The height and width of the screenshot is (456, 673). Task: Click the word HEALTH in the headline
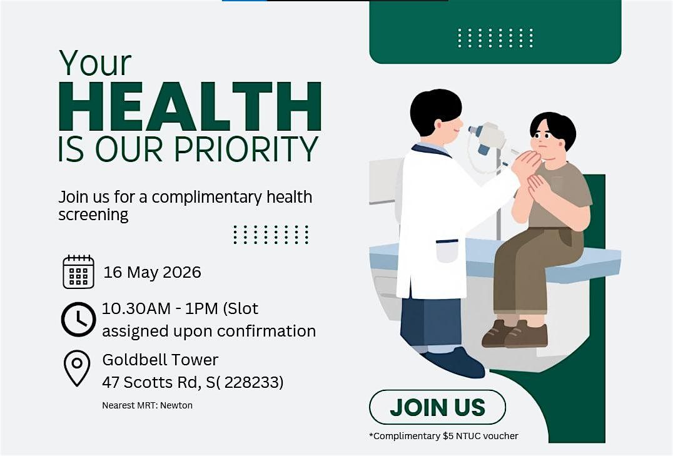[x=190, y=106]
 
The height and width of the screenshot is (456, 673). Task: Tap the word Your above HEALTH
[x=95, y=63]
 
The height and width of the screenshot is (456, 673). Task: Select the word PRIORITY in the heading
[x=246, y=149]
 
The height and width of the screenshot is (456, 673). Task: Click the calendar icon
[x=79, y=271]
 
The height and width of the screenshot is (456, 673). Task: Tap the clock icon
[x=78, y=319]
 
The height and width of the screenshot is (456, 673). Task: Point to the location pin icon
[x=77, y=368]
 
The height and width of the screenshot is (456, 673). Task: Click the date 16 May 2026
[x=153, y=272]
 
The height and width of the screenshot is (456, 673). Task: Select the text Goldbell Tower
[x=160, y=360]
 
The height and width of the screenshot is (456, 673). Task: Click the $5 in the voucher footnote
[x=448, y=436]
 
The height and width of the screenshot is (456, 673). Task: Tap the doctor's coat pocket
[x=447, y=251]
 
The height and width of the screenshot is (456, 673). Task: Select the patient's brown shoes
[x=515, y=333]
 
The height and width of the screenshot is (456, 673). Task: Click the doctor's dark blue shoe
[x=455, y=362]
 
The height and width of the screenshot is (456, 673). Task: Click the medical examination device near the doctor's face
[x=488, y=138]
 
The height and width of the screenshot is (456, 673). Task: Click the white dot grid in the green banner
[x=495, y=38]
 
